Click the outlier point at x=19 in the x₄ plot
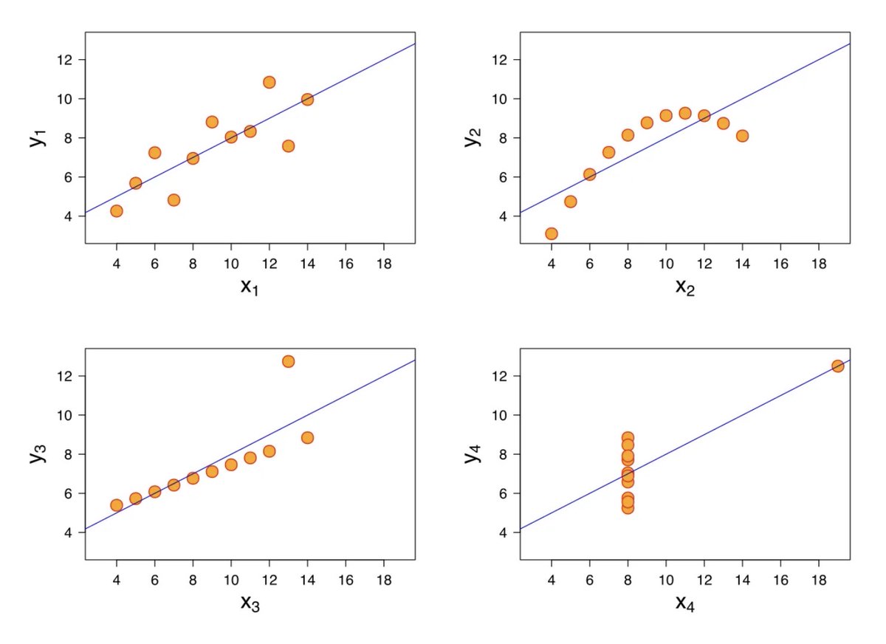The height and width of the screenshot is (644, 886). [837, 366]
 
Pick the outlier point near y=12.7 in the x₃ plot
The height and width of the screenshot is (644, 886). [288, 361]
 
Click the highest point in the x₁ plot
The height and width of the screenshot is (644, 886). [269, 82]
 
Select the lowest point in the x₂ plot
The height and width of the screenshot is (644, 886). [551, 234]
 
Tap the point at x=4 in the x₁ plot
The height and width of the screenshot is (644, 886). [116, 211]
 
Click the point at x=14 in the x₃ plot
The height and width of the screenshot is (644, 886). [307, 438]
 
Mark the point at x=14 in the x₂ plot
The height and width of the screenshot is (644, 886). [742, 136]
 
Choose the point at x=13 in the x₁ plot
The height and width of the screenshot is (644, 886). [288, 146]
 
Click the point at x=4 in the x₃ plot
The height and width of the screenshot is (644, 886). [116, 505]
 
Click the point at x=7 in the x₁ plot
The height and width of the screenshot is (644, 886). [174, 200]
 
